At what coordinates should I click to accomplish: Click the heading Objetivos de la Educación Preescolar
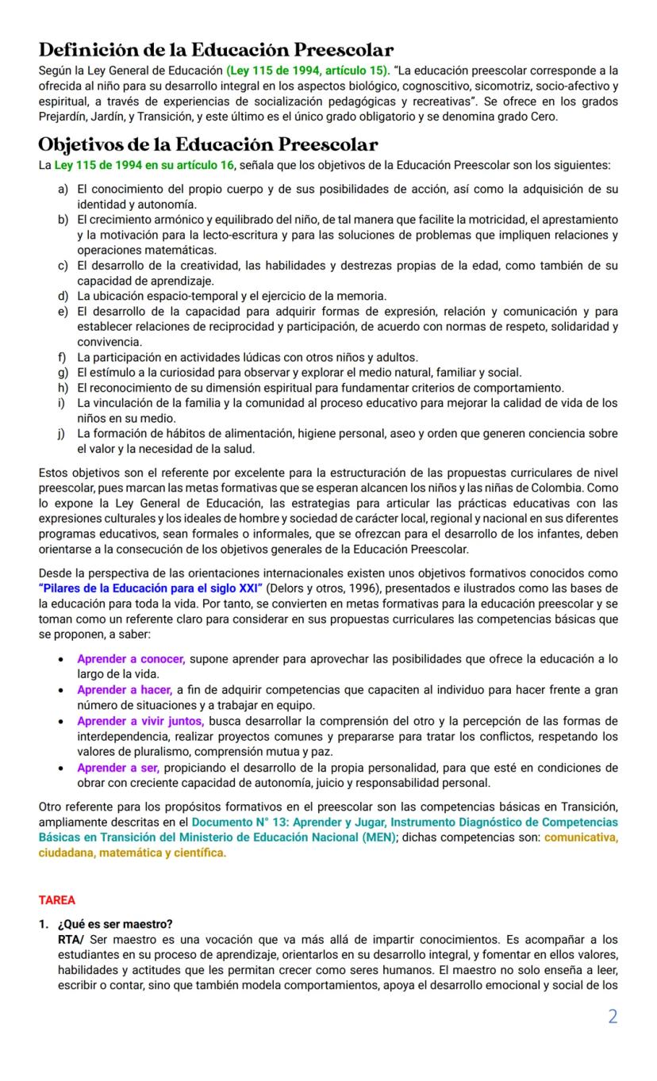(208, 144)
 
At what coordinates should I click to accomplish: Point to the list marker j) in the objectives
(62, 433)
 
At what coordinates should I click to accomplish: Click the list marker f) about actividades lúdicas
(62, 357)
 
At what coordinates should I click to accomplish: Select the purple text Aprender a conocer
(131, 659)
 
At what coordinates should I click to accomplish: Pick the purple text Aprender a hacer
(125, 690)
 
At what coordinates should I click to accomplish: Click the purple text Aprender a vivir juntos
(140, 721)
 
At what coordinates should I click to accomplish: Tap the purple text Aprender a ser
(118, 767)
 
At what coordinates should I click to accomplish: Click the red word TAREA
(57, 900)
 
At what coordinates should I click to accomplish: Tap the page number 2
(612, 1017)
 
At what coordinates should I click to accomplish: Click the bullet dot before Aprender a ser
(62, 768)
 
